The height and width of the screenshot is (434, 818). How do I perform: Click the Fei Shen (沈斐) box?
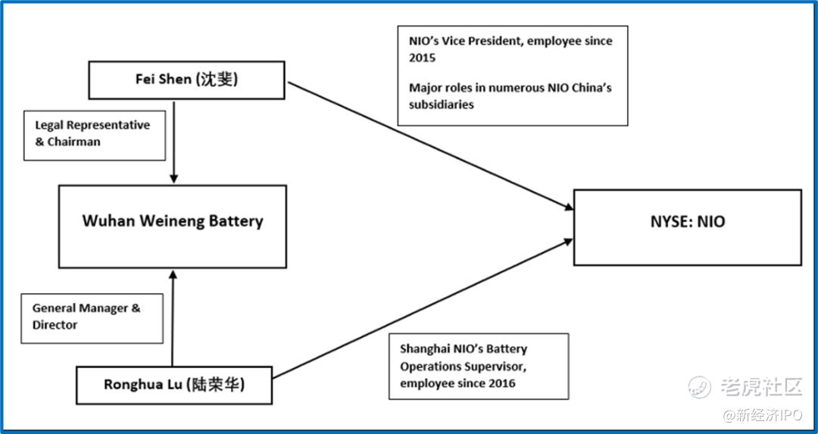coord(186,80)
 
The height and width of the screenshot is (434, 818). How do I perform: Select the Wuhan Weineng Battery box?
coord(172,226)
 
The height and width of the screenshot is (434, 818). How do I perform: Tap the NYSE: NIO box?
coord(688,227)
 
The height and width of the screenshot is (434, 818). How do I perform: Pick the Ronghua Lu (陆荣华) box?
coord(174,385)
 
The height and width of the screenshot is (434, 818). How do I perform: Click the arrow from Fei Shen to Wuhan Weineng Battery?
coord(174,142)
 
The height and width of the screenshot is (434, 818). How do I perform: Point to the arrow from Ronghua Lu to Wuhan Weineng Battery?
coord(172,317)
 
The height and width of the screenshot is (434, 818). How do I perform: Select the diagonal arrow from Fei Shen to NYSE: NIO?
coord(430,146)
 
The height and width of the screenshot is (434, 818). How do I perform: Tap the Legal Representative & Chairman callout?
coord(95,135)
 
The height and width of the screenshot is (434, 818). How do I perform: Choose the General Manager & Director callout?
coord(92,318)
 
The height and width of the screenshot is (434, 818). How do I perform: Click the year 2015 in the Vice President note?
coord(422,58)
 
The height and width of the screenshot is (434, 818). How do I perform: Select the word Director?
coord(55,324)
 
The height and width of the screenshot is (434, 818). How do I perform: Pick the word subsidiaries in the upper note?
coord(442,105)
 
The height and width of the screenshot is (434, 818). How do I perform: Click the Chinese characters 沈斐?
coord(217,80)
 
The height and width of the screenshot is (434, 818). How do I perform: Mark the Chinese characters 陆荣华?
coord(219,386)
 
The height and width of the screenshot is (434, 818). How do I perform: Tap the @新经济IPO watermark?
coord(762,415)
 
